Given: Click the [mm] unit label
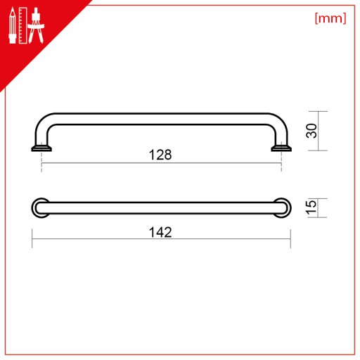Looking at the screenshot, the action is point(330,18).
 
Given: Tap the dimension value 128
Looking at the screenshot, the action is point(160,155).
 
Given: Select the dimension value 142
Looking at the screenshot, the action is point(160,232).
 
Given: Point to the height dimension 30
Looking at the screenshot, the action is point(311,131).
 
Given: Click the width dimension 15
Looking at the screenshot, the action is point(311,207).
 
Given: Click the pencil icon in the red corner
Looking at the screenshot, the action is point(13,25).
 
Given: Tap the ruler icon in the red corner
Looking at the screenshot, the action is point(22,25).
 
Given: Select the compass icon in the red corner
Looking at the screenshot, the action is point(36,25).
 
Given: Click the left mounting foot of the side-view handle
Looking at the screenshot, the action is point(41,148).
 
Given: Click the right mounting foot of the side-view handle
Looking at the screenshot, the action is point(281,148).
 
